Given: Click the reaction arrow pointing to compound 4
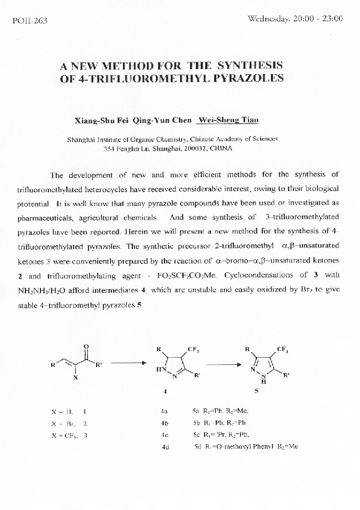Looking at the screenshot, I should (x=125, y=363).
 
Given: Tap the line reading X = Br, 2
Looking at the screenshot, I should (x=70, y=424).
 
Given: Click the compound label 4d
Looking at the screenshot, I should (x=165, y=447).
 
